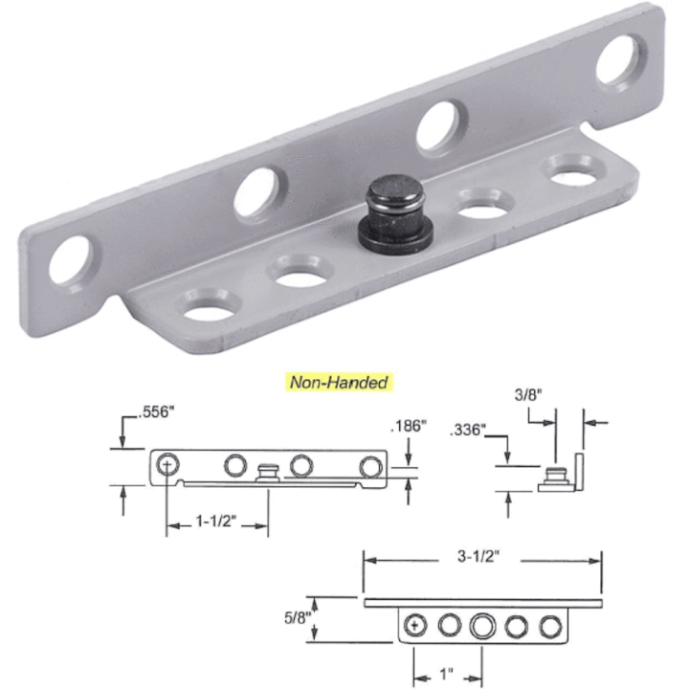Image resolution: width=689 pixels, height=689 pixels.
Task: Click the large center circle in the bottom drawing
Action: tap(482, 626)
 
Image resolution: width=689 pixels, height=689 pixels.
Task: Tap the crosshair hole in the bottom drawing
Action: tap(415, 626)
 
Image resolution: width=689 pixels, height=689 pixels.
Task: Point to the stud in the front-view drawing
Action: tap(269, 472)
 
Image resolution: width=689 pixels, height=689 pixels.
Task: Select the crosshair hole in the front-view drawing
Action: tap(168, 465)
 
